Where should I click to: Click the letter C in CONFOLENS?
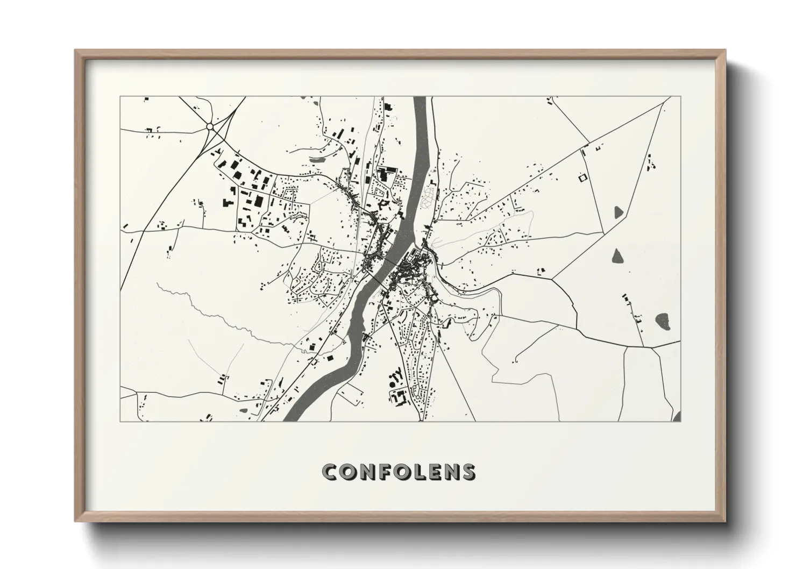click(329, 472)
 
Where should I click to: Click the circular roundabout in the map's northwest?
click(210, 127)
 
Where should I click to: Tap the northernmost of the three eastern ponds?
click(617, 211)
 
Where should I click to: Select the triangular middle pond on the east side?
click(617, 256)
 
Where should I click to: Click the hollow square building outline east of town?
click(581, 176)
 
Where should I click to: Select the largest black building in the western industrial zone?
click(259, 201)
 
